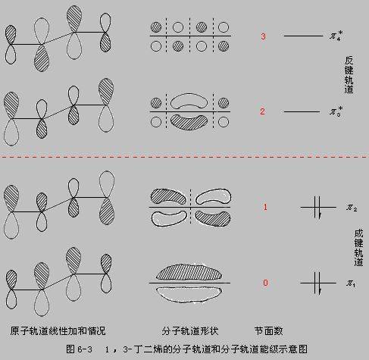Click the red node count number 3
click(263, 36)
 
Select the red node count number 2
click(263, 112)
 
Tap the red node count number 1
click(265, 207)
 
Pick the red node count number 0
click(265, 283)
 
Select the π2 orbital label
click(351, 207)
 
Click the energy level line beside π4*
click(302, 36)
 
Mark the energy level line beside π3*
click(302, 112)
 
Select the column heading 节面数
click(268, 331)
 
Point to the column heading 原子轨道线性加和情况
click(58, 331)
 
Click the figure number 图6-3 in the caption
click(80, 349)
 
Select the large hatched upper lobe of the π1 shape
click(189, 271)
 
